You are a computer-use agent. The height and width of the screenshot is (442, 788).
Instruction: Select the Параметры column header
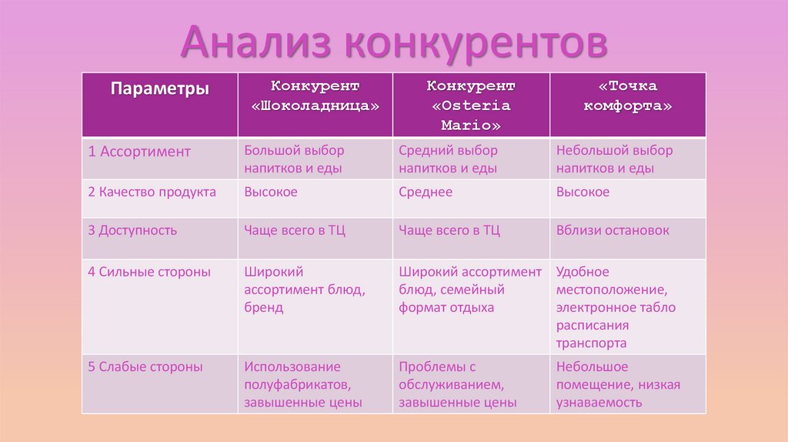coord(159,89)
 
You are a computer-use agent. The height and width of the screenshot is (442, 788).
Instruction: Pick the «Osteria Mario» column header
coord(471,105)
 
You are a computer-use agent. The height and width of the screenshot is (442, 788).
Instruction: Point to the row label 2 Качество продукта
coord(152,192)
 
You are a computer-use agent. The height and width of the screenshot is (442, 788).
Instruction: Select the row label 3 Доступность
coord(132,230)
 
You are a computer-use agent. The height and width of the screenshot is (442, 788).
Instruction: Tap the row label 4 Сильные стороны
coord(149,272)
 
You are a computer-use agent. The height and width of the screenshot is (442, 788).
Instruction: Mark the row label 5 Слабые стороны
coord(145,367)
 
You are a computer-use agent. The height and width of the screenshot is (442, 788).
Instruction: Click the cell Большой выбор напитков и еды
coord(294,159)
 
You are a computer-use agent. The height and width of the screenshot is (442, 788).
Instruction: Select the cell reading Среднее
coord(426,192)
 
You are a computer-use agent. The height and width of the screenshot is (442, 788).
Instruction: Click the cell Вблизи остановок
coord(613,230)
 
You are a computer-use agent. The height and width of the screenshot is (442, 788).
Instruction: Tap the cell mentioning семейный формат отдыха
coord(469,290)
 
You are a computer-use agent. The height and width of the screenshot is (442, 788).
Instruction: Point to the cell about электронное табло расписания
coord(615,307)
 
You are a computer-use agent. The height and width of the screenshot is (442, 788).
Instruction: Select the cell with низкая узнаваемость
coord(617,384)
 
